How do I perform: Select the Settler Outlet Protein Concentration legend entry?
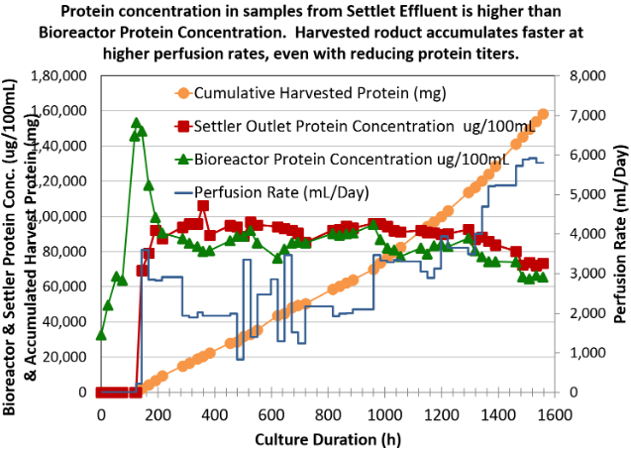coord(338,126)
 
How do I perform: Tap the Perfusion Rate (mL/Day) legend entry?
coord(297,189)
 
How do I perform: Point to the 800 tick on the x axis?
coord(326,413)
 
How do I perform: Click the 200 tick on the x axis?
coord(158,413)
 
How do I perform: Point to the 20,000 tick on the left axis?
coord(68,358)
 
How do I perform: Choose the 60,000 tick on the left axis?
coord(68,287)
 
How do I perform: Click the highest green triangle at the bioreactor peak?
coord(137,123)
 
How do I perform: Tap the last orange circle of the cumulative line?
coord(543,114)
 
